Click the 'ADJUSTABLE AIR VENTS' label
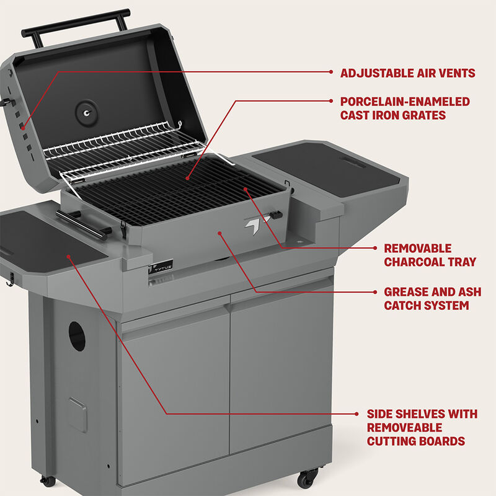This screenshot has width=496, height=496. click(407, 73)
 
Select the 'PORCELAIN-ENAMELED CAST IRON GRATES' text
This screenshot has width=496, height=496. click(405, 108)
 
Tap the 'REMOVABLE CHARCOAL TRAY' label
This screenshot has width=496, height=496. click(430, 255)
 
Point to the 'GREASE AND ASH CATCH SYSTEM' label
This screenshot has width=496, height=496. click(427, 298)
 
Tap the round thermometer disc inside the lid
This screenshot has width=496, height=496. click(86, 112)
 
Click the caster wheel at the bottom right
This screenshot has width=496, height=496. click(307, 478)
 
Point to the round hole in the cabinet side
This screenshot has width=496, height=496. click(77, 335)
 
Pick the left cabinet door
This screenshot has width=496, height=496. click(175, 391)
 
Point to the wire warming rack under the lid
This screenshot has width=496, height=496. click(124, 149)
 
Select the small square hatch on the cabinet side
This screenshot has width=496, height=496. click(77, 414)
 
